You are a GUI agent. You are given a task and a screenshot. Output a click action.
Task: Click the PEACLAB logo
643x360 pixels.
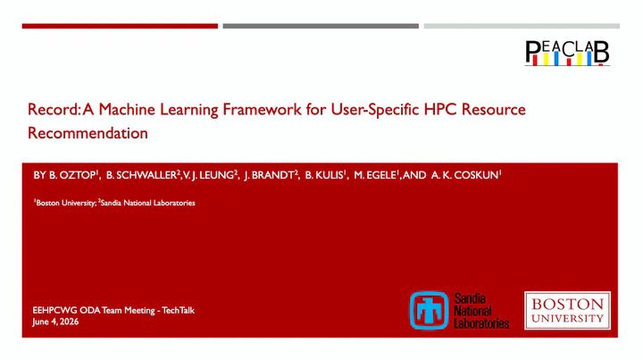click(567, 53)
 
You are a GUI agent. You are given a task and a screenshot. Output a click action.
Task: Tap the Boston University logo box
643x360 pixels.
click(567, 310)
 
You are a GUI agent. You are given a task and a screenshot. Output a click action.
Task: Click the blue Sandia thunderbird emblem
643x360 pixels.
click(429, 310)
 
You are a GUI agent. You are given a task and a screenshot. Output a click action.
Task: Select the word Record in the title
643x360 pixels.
click(53, 110)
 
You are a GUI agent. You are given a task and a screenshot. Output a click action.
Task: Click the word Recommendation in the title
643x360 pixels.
click(88, 133)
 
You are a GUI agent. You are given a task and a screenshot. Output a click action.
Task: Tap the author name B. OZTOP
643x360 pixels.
click(72, 175)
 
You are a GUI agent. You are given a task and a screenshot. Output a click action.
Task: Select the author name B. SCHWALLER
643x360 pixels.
click(141, 175)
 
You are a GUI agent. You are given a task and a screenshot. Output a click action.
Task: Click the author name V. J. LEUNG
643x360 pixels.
click(208, 175)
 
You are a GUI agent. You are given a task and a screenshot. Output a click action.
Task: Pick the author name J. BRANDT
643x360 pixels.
click(269, 175)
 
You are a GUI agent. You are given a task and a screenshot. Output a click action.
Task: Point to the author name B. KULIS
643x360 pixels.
click(324, 175)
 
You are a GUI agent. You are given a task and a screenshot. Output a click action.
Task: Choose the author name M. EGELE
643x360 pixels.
click(375, 175)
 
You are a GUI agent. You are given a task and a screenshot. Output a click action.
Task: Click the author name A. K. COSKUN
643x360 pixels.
click(464, 175)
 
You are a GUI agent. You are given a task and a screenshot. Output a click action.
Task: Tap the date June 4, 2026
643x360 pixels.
click(55, 322)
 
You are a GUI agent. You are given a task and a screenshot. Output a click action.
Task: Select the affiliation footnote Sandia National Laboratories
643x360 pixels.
click(147, 203)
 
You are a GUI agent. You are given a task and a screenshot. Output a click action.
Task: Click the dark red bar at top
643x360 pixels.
click(120, 26)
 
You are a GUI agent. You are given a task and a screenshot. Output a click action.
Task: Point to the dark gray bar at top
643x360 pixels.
click(321, 26)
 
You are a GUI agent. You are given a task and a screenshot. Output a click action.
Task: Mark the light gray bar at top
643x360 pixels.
click(522, 26)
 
